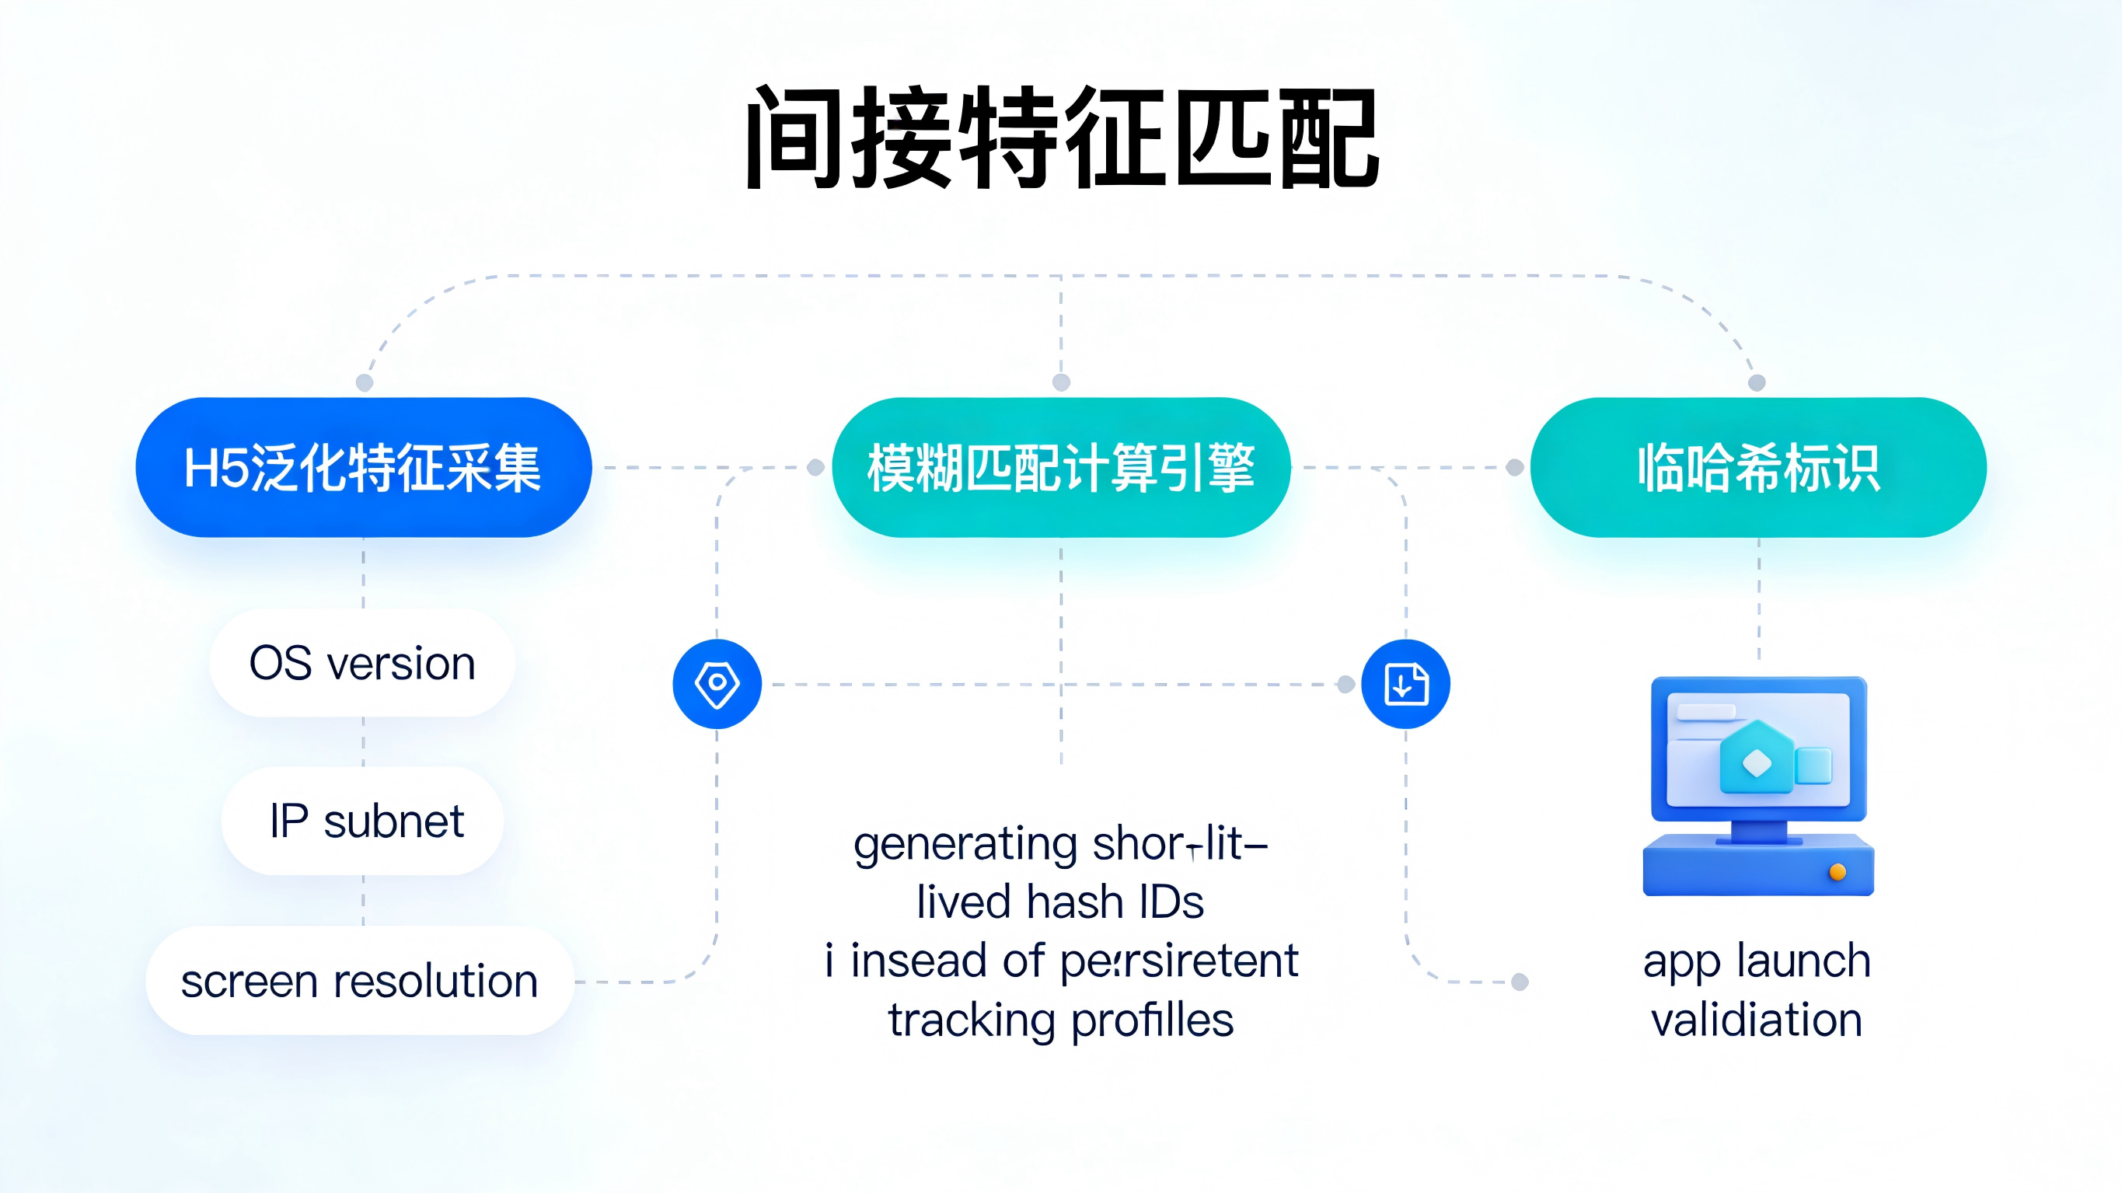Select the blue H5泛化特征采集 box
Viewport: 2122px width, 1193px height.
click(x=363, y=467)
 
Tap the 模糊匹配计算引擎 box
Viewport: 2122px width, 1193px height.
click(x=1061, y=467)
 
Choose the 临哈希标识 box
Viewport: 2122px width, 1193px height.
click(x=1758, y=467)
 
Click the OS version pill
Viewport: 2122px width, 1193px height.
click(x=362, y=663)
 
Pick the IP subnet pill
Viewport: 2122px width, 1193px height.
click(x=362, y=821)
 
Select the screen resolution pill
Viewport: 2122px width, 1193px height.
click(x=359, y=980)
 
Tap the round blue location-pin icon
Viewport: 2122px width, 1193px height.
click(x=717, y=684)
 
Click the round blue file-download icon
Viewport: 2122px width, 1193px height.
click(x=1405, y=684)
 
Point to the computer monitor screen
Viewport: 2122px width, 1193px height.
click(x=1758, y=750)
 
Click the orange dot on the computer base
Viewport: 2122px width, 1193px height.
click(x=1837, y=872)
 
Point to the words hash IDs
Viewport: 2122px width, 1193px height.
click(x=1115, y=902)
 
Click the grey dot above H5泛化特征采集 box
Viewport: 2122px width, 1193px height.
click(x=364, y=382)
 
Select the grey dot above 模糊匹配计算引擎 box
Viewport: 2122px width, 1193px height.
click(x=1061, y=382)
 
